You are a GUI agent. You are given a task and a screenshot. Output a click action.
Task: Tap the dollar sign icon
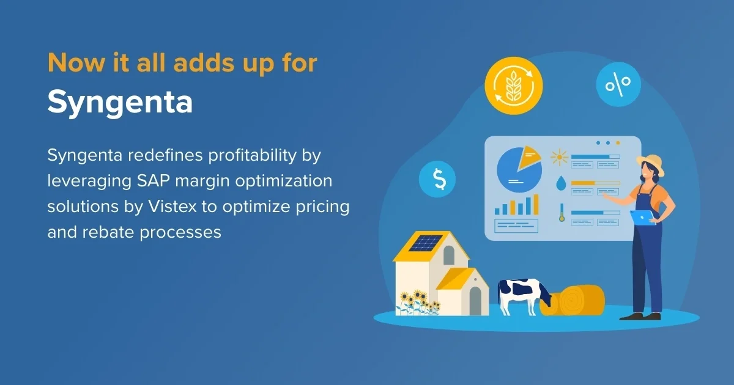pos(438,178)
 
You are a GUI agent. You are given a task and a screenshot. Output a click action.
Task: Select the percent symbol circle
pos(618,85)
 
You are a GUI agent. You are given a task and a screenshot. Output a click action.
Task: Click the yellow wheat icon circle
pos(514,87)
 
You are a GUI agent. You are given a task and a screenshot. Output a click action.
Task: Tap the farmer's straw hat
pos(651,163)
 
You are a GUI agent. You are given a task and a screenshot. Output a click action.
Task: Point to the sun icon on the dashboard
pos(559,158)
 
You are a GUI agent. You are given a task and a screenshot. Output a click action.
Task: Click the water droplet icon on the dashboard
pos(560,183)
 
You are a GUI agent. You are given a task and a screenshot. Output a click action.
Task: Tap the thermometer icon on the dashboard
pos(561,213)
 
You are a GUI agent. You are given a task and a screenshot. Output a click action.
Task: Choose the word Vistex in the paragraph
pos(172,207)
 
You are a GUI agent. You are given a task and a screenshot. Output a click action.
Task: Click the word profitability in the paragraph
pos(256,155)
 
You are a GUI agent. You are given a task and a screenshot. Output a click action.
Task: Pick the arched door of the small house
pos(475,300)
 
